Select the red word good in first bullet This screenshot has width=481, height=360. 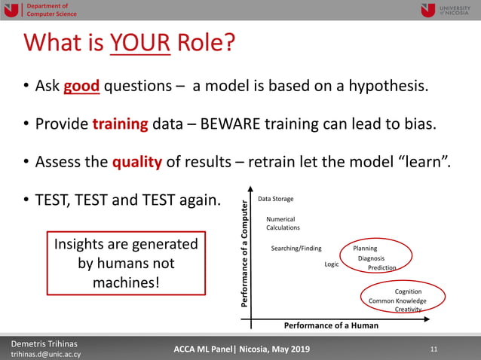click(81, 86)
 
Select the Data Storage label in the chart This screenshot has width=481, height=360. click(275, 199)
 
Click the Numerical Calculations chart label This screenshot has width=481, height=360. click(283, 223)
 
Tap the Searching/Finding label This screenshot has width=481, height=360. click(296, 249)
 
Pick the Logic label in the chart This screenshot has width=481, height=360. click(332, 264)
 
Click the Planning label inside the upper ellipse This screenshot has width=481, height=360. click(365, 249)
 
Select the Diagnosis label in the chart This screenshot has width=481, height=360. click(371, 258)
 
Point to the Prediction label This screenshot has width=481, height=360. click(381, 267)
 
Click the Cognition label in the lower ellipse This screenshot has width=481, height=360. click(408, 291)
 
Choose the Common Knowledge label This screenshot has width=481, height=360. click(397, 301)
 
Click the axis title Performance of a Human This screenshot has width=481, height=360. click(330, 326)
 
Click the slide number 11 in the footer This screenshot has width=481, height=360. click(434, 349)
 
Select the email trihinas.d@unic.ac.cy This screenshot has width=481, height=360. click(46, 354)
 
